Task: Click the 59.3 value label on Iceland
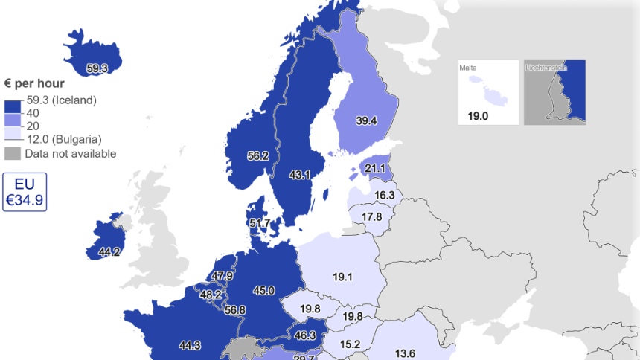pos(97,68)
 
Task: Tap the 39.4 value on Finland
pos(366,120)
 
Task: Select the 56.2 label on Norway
pos(258,156)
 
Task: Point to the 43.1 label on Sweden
pos(301,175)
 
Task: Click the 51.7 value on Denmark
pos(260,223)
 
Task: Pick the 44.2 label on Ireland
pos(109,252)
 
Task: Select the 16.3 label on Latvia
pos(384,196)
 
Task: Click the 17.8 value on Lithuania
pos(371,217)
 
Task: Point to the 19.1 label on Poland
pos(342,277)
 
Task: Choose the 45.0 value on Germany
pos(264,291)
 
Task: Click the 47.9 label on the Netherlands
pos(222,276)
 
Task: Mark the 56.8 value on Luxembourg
pos(235,310)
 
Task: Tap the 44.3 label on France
pos(190,345)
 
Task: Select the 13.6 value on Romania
pos(405,353)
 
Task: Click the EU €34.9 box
pos(25,193)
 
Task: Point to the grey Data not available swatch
pos(13,154)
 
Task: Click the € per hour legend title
pos(34,83)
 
